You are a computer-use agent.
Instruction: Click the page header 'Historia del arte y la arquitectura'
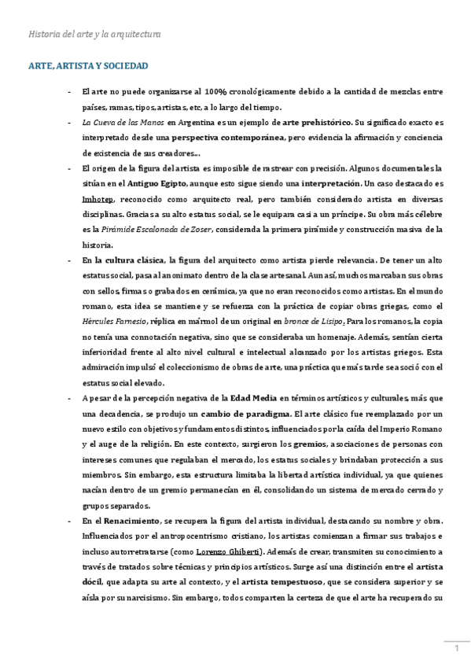(94, 35)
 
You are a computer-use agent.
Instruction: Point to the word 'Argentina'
(193, 123)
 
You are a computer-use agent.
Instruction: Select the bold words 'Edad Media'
(253, 399)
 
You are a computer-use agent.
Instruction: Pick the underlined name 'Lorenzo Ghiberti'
(230, 552)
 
